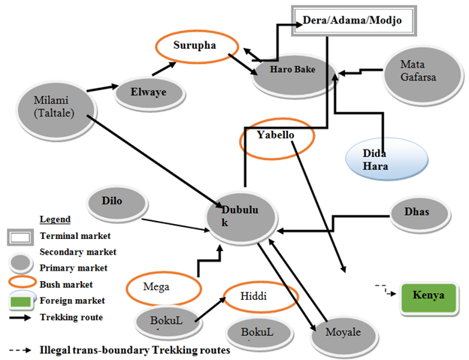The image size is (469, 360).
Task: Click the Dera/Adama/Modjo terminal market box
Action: [352, 21]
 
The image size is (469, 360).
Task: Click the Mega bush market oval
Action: [162, 286]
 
